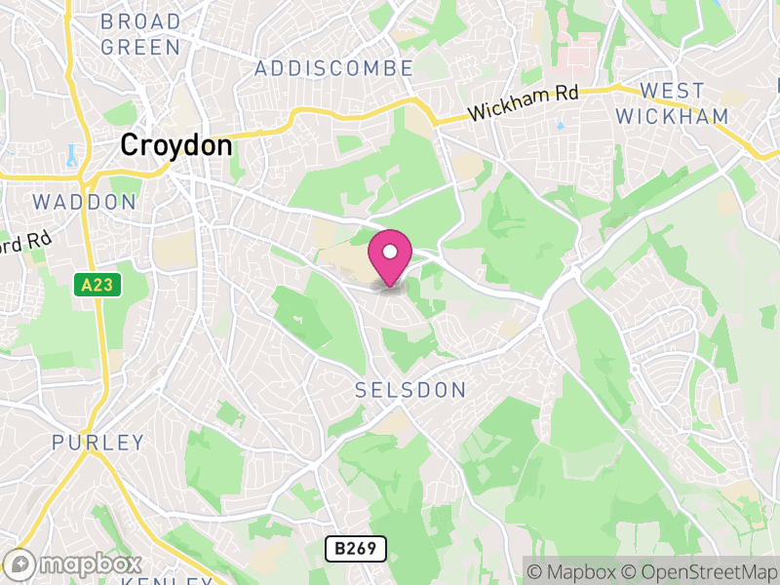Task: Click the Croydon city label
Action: [x=176, y=146]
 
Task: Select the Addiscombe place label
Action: [x=333, y=68]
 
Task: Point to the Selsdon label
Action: [x=409, y=390]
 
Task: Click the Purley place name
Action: [x=97, y=443]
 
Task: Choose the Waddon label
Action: [x=84, y=202]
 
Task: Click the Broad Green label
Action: [x=140, y=34]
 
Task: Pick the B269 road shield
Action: [x=355, y=549]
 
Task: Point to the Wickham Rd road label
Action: [x=523, y=101]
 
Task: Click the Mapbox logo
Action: [x=74, y=564]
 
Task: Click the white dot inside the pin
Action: [x=390, y=252]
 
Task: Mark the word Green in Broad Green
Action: [x=140, y=47]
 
